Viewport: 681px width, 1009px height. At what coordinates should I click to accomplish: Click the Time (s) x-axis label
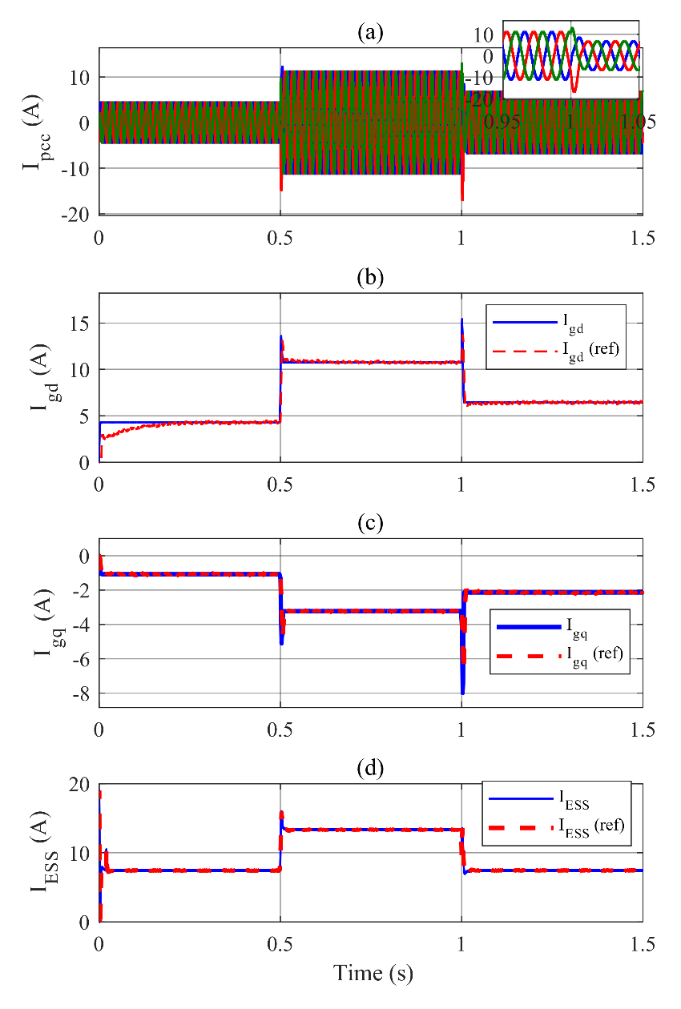[x=371, y=973]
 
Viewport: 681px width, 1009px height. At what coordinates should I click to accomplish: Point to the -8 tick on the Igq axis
[x=79, y=693]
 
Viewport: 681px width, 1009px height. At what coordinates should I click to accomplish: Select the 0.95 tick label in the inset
[x=504, y=121]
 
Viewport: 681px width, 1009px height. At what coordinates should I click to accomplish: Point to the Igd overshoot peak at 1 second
[x=461, y=320]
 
